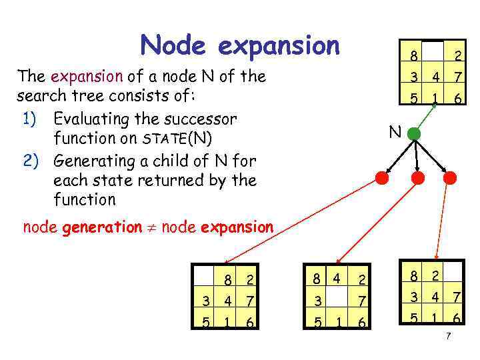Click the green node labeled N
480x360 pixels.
[414, 133]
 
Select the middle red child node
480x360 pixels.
[418, 178]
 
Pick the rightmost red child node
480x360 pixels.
[449, 178]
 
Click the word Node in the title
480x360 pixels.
[175, 45]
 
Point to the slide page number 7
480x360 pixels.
[448, 336]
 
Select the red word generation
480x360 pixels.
[101, 227]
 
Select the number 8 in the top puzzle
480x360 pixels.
[414, 55]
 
